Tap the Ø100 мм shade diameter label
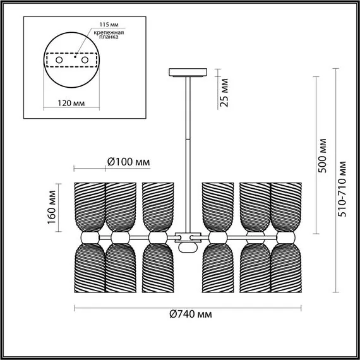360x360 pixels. tap(129, 162)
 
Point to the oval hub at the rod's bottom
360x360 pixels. tap(186, 246)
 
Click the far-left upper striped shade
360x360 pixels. tap(88, 205)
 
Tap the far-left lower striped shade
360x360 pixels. tap(88, 268)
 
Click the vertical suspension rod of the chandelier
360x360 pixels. tap(187, 152)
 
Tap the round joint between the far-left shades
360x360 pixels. tap(88, 237)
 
